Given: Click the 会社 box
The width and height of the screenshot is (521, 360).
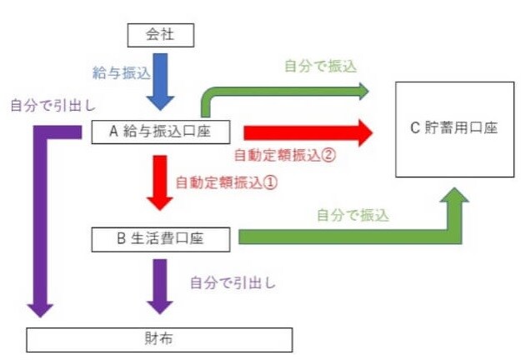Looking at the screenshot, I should click(x=160, y=35).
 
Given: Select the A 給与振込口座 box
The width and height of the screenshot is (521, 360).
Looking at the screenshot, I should click(x=161, y=132).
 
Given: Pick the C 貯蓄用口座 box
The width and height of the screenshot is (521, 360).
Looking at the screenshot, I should click(x=454, y=129).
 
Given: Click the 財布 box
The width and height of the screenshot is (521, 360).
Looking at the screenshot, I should click(x=160, y=339).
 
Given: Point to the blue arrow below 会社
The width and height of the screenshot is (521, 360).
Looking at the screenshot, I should click(x=160, y=82).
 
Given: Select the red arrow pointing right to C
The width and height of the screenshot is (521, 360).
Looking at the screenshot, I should click(x=308, y=132).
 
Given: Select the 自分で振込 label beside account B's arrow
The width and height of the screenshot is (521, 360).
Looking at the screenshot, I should click(x=353, y=214).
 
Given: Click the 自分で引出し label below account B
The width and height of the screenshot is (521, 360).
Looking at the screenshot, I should click(x=233, y=282).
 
